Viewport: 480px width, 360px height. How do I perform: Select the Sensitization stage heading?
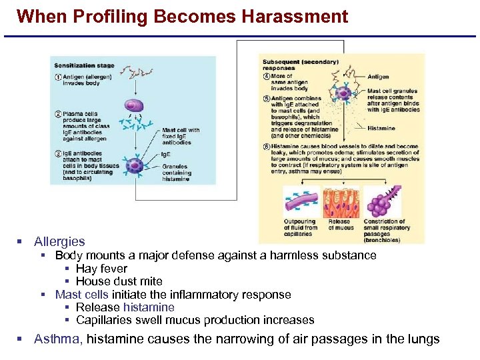point(84,65)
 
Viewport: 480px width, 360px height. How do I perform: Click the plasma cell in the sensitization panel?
point(134,106)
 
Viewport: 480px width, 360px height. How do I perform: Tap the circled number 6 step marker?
point(267,147)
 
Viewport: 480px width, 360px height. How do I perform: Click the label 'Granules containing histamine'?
point(176,173)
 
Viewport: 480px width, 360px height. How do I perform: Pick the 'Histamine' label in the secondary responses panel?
point(381,129)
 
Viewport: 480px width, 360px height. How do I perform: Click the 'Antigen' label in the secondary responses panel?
point(378,77)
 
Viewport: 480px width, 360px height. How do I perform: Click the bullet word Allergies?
point(59,241)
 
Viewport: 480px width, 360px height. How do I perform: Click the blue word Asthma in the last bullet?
point(58,339)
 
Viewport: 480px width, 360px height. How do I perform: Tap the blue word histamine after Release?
point(149,307)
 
